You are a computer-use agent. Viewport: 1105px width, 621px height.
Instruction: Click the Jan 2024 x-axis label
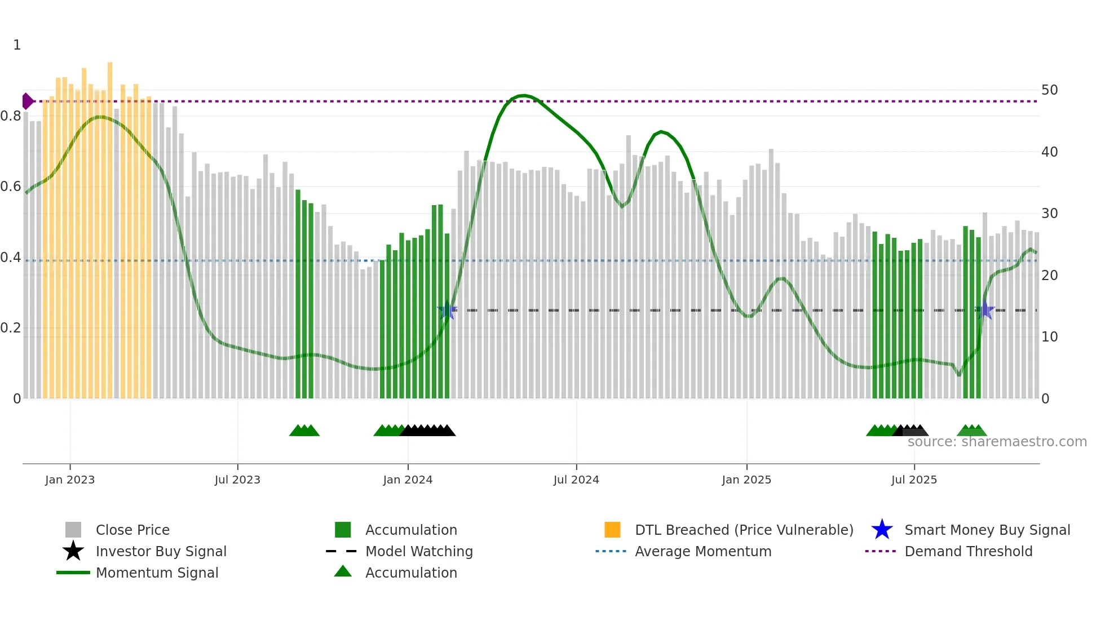408,480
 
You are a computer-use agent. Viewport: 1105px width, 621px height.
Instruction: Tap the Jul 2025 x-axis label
914,480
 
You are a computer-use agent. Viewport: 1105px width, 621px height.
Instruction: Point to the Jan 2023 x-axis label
70,480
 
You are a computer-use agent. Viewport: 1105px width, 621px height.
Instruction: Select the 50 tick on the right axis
1049,90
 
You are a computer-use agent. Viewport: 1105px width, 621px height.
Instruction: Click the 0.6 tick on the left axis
11,187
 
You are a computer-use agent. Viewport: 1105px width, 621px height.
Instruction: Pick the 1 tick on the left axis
17,45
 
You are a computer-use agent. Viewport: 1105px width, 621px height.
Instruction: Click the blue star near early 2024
447,310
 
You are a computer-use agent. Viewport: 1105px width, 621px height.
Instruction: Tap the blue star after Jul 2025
984,310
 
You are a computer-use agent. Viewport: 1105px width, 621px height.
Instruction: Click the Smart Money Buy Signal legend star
882,530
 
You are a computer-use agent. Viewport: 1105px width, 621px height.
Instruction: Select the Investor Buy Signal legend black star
73,551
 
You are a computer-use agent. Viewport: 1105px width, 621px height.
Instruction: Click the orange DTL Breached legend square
612,530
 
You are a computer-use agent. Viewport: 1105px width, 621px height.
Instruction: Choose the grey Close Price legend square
73,530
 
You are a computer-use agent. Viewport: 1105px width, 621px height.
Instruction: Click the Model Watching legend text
419,551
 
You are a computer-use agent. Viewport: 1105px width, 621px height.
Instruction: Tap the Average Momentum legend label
703,551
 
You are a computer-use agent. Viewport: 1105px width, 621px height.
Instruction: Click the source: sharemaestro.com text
997,442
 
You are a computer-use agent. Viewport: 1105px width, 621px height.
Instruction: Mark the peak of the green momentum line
524,95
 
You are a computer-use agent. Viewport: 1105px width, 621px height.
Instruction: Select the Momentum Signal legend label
157,573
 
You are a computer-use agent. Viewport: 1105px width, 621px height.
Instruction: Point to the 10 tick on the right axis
1049,337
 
